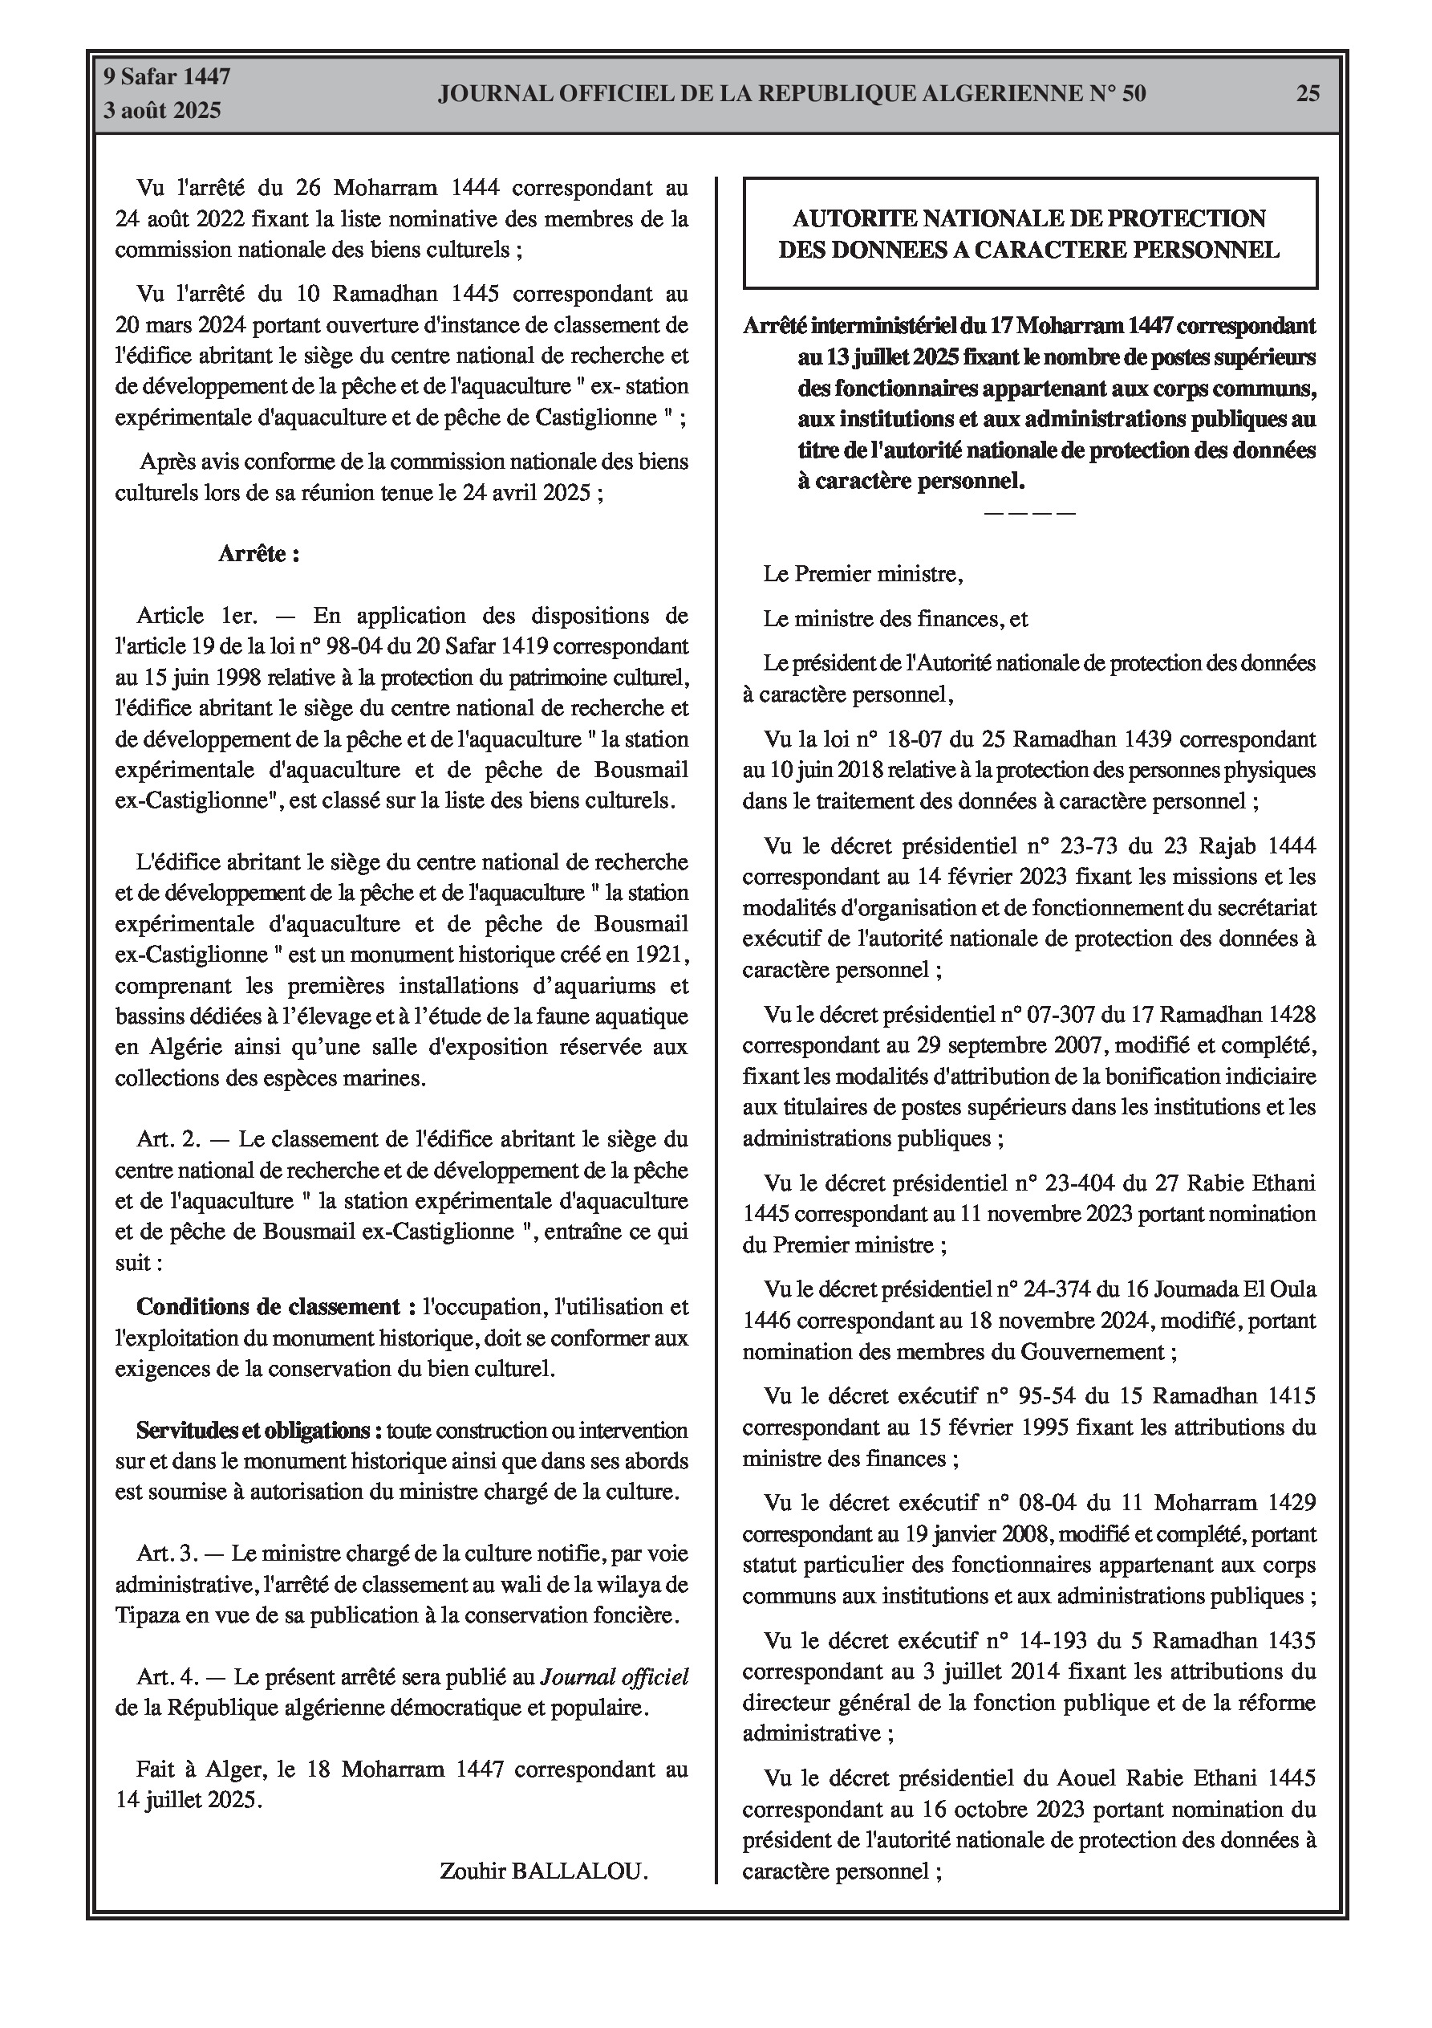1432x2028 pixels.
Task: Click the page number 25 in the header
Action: (1308, 94)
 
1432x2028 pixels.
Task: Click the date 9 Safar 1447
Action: (167, 77)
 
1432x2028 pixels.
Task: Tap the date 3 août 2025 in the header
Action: (162, 111)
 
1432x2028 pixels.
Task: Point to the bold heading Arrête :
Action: (258, 554)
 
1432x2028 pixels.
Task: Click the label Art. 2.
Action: (168, 1139)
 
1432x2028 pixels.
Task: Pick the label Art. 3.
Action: (168, 1554)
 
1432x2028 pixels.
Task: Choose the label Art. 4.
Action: (168, 1676)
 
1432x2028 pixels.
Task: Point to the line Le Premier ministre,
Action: (862, 575)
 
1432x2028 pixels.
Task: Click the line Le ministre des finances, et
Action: (895, 619)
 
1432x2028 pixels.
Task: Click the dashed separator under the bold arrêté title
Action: (1028, 513)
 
